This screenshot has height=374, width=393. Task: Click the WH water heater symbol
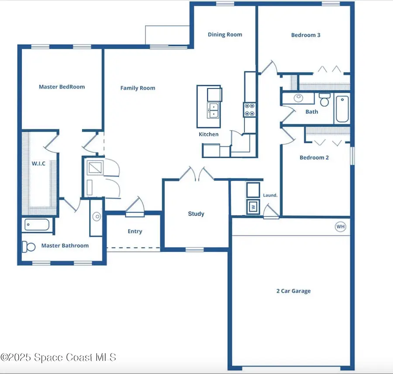click(341, 227)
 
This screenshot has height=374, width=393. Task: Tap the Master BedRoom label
click(62, 87)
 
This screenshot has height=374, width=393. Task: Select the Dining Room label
click(225, 35)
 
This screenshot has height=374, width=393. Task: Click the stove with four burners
click(249, 109)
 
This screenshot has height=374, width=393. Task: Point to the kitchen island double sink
click(213, 111)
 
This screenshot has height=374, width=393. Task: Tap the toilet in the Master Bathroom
click(29, 247)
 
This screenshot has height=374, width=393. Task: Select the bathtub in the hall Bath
click(342, 109)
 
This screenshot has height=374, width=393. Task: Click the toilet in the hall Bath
click(324, 100)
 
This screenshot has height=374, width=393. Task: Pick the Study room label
click(196, 214)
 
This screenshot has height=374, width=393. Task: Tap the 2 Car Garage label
click(293, 291)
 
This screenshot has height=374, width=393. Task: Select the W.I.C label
click(38, 163)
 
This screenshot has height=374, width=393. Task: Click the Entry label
click(135, 232)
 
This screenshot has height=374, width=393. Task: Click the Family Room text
click(138, 88)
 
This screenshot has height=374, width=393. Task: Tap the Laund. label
click(270, 195)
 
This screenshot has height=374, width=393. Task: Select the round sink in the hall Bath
click(299, 98)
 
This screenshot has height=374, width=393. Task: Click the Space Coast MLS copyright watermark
click(58, 357)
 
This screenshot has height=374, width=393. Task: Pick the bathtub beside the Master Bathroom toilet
click(37, 225)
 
